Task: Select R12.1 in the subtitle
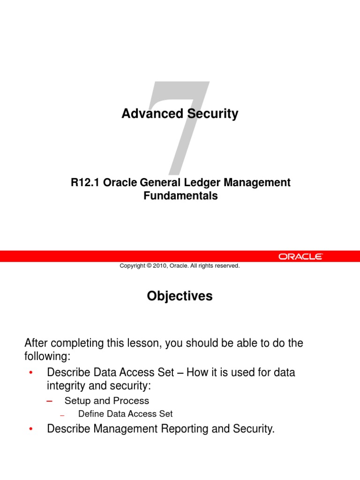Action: coord(85,183)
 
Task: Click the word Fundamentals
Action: coord(180,196)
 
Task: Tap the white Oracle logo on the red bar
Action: coord(300,256)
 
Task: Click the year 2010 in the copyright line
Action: coord(163,266)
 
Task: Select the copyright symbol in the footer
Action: coord(149,266)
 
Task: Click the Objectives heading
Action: coord(180,296)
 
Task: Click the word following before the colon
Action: coord(45,356)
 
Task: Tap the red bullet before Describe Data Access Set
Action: coord(30,373)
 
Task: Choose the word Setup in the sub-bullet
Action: coord(77,401)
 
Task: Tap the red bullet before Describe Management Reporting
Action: coord(30,429)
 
